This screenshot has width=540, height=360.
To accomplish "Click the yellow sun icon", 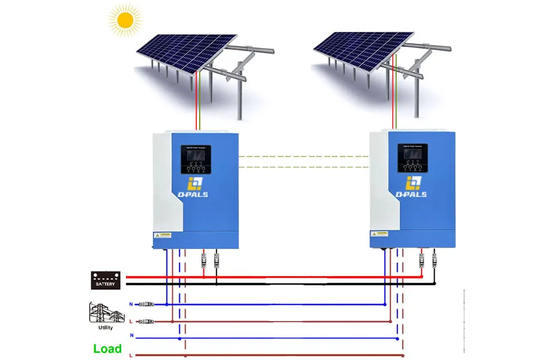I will point(125,20).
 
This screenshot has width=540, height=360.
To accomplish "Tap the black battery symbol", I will point(106,280).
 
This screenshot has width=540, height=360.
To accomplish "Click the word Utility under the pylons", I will point(105,328).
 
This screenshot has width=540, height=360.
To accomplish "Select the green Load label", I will point(107,349).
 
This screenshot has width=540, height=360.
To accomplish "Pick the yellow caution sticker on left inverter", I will point(163,235).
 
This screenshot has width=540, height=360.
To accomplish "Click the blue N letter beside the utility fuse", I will point(131,304).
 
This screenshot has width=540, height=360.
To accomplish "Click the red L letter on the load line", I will point(131,355).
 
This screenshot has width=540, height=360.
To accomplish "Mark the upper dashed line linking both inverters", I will point(303,156).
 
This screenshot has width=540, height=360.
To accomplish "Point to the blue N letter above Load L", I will point(131,338).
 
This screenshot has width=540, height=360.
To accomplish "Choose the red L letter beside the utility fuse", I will point(131,322).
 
